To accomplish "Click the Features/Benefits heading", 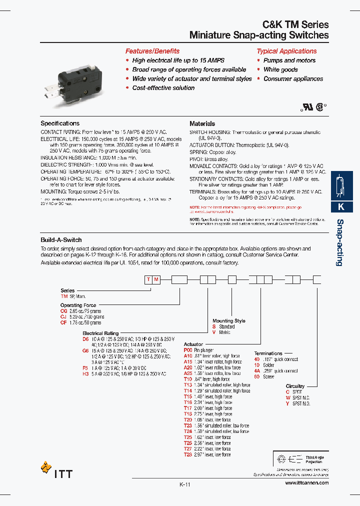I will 152,51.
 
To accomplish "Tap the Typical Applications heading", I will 286,51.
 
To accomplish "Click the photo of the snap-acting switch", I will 83,82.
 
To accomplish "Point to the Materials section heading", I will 202,123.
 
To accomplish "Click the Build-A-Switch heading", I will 61,240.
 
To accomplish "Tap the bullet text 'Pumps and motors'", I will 289,60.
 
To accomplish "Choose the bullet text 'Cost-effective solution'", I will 163,88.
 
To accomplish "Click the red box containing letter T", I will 148,280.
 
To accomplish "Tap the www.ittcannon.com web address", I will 306,483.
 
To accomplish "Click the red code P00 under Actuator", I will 188,350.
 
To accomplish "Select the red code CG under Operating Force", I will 63,311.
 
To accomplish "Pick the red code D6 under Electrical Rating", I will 85,339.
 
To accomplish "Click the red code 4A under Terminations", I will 256,371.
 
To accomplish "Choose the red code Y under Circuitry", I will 287,403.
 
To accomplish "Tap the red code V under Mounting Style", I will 214,332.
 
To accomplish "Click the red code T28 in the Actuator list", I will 188,454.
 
